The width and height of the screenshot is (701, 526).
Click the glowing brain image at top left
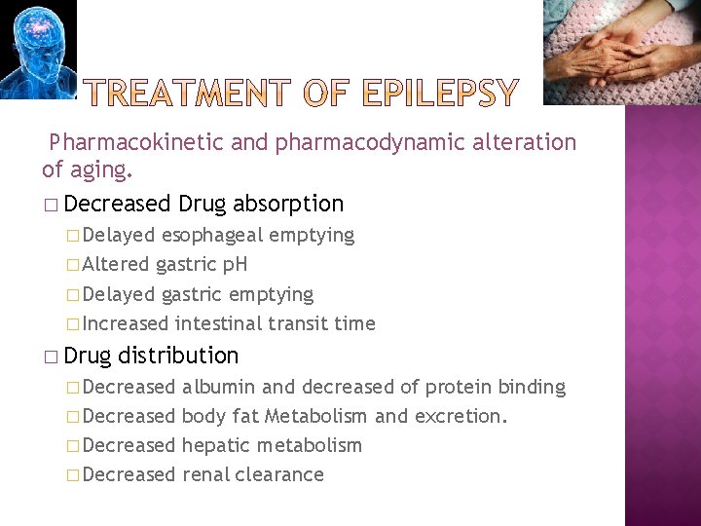pyautogui.click(x=37, y=49)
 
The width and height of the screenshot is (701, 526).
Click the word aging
pyautogui.click(x=100, y=171)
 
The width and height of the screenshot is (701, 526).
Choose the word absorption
pyautogui.click(x=288, y=204)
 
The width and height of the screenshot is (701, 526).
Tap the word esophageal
pyautogui.click(x=212, y=235)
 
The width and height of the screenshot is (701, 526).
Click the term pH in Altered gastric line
pyautogui.click(x=235, y=264)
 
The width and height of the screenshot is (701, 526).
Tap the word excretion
pyautogui.click(x=458, y=416)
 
